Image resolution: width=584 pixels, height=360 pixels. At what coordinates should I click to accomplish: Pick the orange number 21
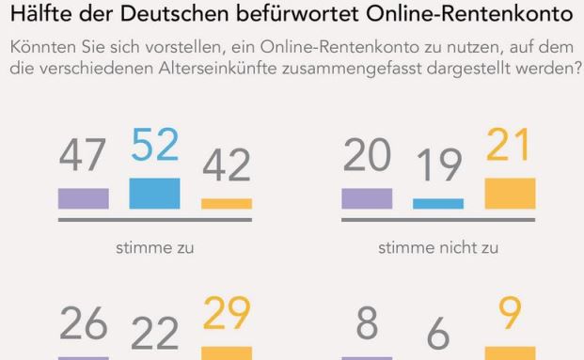click(x=510, y=149)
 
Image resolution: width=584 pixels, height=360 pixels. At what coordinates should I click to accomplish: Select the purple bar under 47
click(x=83, y=198)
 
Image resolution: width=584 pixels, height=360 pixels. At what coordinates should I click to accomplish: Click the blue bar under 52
click(x=154, y=193)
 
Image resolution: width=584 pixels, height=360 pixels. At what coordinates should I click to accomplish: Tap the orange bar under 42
click(x=227, y=203)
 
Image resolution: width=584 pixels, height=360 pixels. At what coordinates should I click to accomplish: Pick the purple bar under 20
click(x=367, y=197)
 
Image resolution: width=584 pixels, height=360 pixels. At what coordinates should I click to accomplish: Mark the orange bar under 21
click(x=510, y=193)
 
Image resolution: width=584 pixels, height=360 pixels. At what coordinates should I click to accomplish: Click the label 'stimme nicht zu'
click(x=438, y=249)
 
